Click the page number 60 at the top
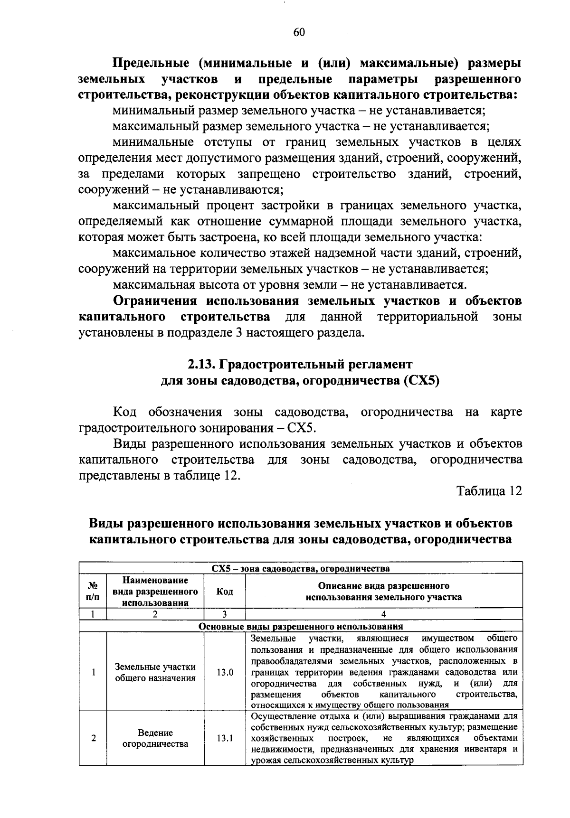pos(299,32)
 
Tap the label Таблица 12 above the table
pos(489,491)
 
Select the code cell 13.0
pos(225,672)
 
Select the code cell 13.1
pos(225,738)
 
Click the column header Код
pos(225,591)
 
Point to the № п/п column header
pos(93,591)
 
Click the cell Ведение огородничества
pos(155,738)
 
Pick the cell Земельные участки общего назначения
pos(155,672)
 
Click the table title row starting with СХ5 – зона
pos(300,568)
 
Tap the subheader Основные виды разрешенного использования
pos(300,626)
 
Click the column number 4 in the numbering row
pos(384,614)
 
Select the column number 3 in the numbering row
pos(225,614)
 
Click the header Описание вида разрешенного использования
pos(384,591)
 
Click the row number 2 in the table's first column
pos(93,738)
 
